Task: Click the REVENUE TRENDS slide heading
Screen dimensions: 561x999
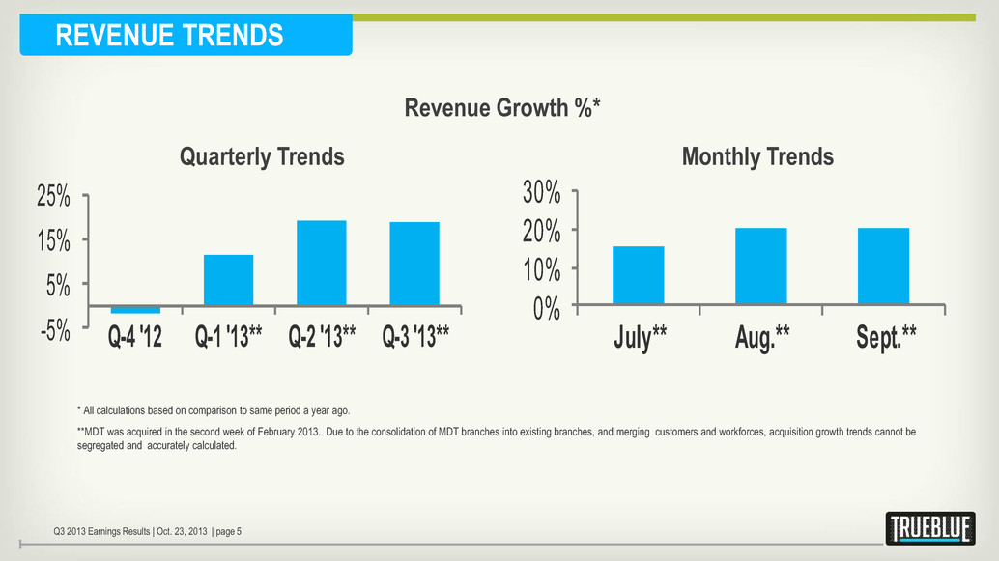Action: (169, 36)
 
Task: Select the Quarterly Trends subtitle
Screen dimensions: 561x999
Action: (263, 156)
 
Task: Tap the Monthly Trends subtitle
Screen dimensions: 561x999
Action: (757, 156)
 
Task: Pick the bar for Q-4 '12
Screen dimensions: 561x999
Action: (135, 309)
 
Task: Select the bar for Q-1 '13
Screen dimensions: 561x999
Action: (228, 280)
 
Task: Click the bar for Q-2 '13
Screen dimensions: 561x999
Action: (322, 263)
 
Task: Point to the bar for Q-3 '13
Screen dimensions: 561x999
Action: (414, 264)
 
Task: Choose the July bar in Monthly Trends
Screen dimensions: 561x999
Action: (639, 275)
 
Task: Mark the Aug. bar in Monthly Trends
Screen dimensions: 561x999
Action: (761, 266)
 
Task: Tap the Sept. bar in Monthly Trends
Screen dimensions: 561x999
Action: (883, 266)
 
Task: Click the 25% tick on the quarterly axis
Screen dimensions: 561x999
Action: (53, 197)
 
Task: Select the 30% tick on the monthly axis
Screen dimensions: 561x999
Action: (542, 192)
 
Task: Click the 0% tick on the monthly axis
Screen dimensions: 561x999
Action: (547, 308)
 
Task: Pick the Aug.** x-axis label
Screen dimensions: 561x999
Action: (761, 337)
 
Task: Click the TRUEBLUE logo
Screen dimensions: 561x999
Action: (929, 528)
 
